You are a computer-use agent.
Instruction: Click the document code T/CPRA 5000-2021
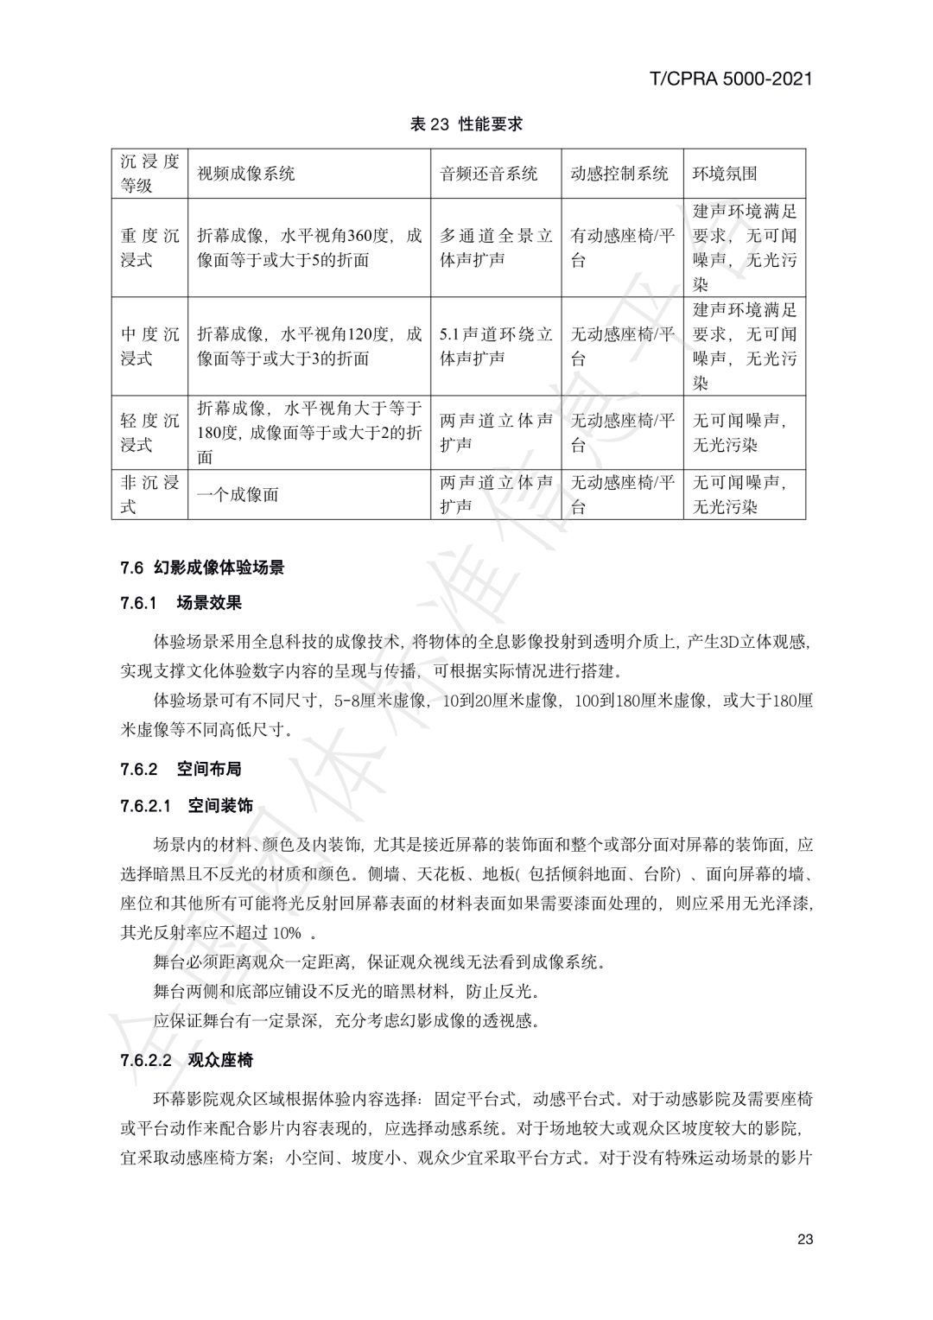730,79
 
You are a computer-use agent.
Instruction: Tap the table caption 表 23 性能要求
466,124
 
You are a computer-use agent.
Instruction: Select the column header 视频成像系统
246,174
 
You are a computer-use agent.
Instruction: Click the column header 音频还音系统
488,174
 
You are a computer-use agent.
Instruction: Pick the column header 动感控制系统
619,174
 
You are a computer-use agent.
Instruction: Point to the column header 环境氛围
725,174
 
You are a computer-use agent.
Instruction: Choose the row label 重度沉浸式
149,248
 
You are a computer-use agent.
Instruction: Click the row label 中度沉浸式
149,346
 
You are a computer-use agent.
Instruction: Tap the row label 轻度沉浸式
149,433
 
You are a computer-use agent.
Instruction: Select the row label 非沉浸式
149,495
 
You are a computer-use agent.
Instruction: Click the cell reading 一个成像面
238,495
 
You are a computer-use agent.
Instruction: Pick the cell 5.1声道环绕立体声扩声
496,346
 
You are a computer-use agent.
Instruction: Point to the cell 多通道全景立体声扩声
496,248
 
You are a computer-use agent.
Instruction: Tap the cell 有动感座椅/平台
622,248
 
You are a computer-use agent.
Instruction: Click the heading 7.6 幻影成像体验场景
203,568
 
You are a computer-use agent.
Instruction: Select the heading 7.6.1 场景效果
181,603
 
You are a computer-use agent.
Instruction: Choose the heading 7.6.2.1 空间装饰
187,806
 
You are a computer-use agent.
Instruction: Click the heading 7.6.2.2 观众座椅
187,1060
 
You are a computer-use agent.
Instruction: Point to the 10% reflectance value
287,933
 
